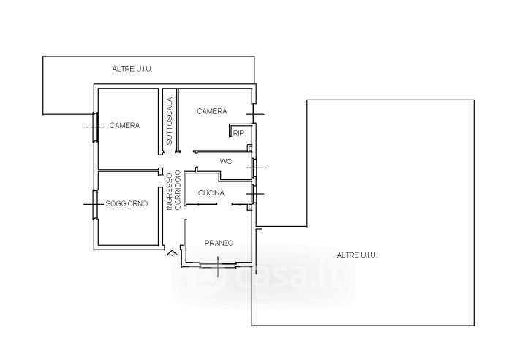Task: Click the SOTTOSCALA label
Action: (x=170, y=121)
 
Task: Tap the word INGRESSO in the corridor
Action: (x=170, y=192)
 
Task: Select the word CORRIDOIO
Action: (x=178, y=190)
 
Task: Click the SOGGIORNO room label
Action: (x=127, y=203)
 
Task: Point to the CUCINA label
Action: (x=211, y=193)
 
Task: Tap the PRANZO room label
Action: (x=219, y=243)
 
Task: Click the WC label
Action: (x=226, y=162)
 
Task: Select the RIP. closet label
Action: (x=238, y=133)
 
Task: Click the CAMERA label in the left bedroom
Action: (x=124, y=125)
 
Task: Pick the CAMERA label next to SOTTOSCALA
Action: (x=212, y=111)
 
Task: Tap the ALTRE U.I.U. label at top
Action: (x=132, y=69)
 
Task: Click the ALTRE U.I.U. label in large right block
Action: (x=357, y=255)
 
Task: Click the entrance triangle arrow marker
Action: (x=172, y=253)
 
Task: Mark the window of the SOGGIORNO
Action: (x=96, y=204)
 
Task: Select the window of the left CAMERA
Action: (x=96, y=127)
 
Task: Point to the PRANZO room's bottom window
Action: (x=218, y=265)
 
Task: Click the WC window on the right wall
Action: (x=254, y=168)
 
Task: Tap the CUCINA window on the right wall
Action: (x=254, y=194)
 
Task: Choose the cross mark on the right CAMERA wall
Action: (x=255, y=114)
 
